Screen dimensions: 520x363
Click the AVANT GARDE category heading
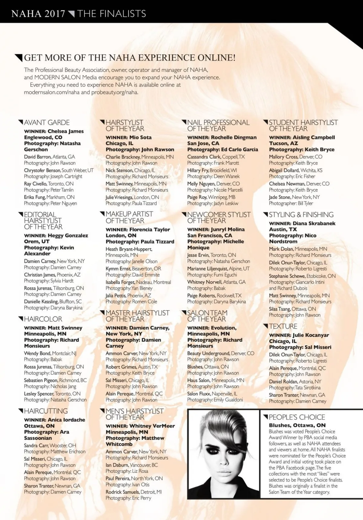coord(47,123)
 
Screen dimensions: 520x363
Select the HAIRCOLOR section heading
coord(43,319)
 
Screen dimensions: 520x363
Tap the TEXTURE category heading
coord(283,326)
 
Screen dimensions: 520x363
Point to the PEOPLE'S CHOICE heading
coord(297,417)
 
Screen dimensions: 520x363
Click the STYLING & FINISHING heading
coord(301,215)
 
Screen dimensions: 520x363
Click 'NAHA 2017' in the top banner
coord(38,14)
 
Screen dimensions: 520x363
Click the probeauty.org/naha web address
coord(115,92)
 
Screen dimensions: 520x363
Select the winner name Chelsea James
coord(66,131)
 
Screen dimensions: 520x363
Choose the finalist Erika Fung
coord(34,197)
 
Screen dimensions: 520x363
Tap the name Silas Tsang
coord(280,309)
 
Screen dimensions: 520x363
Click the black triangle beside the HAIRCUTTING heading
coord(21,410)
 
